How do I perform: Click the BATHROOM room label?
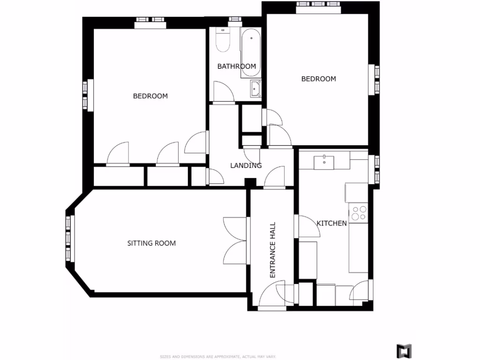(236, 66)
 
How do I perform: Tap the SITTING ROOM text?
(151, 243)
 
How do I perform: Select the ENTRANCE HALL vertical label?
(273, 250)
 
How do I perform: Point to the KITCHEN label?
(332, 223)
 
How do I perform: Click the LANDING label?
(246, 165)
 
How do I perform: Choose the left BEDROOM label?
(150, 96)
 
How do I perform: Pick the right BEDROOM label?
(318, 79)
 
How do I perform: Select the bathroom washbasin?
(255, 88)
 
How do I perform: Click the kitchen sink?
(324, 161)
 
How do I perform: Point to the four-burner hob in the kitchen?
(360, 213)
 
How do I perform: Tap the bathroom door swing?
(223, 92)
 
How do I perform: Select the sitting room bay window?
(69, 238)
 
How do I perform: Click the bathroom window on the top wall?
(235, 20)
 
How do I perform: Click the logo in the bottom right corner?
(404, 351)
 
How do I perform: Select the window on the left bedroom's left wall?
(86, 95)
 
